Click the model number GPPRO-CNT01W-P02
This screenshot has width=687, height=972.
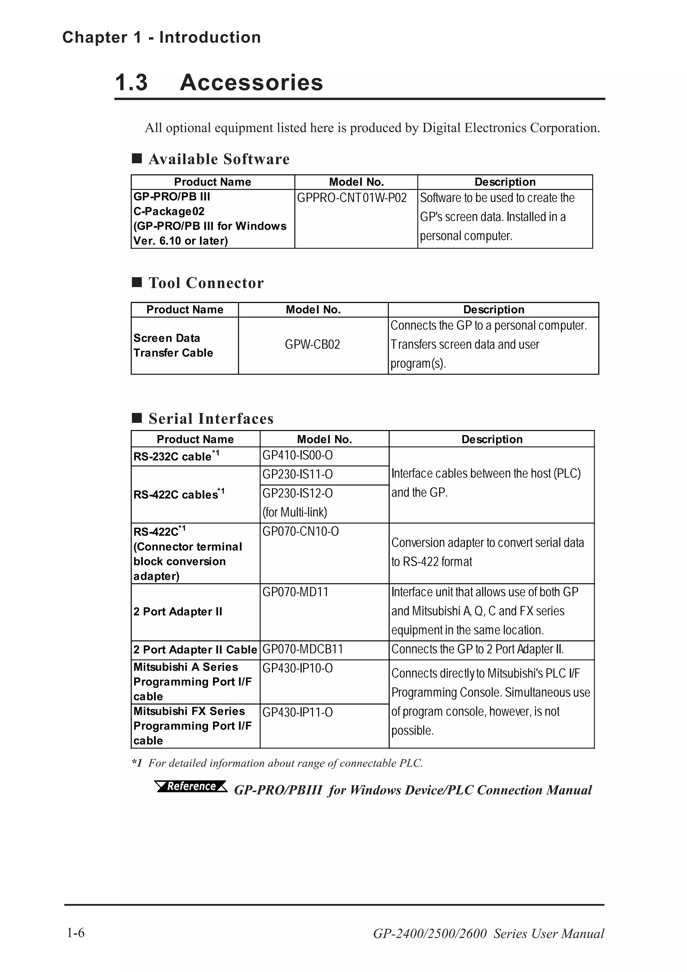click(x=352, y=198)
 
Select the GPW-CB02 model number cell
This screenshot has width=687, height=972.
click(x=312, y=344)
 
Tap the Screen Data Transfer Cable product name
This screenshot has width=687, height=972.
click(x=173, y=345)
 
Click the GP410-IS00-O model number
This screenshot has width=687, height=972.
click(x=298, y=455)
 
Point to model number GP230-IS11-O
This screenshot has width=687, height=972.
click(x=298, y=475)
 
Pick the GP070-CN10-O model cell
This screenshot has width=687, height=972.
click(x=301, y=531)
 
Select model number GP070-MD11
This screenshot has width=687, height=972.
click(x=296, y=592)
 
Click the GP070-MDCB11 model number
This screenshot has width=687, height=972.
click(x=303, y=649)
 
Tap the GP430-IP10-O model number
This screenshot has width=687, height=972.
click(x=298, y=668)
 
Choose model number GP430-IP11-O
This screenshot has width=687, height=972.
click(x=298, y=712)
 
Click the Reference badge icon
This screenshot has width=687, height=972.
click(x=191, y=786)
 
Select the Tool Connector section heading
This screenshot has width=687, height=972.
click(x=206, y=283)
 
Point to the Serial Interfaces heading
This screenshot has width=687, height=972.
click(x=211, y=419)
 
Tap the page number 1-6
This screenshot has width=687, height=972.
click(x=76, y=933)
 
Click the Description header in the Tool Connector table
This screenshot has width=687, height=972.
click(x=493, y=310)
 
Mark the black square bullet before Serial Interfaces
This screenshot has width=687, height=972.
click(x=137, y=418)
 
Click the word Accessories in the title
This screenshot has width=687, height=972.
click(x=252, y=82)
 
